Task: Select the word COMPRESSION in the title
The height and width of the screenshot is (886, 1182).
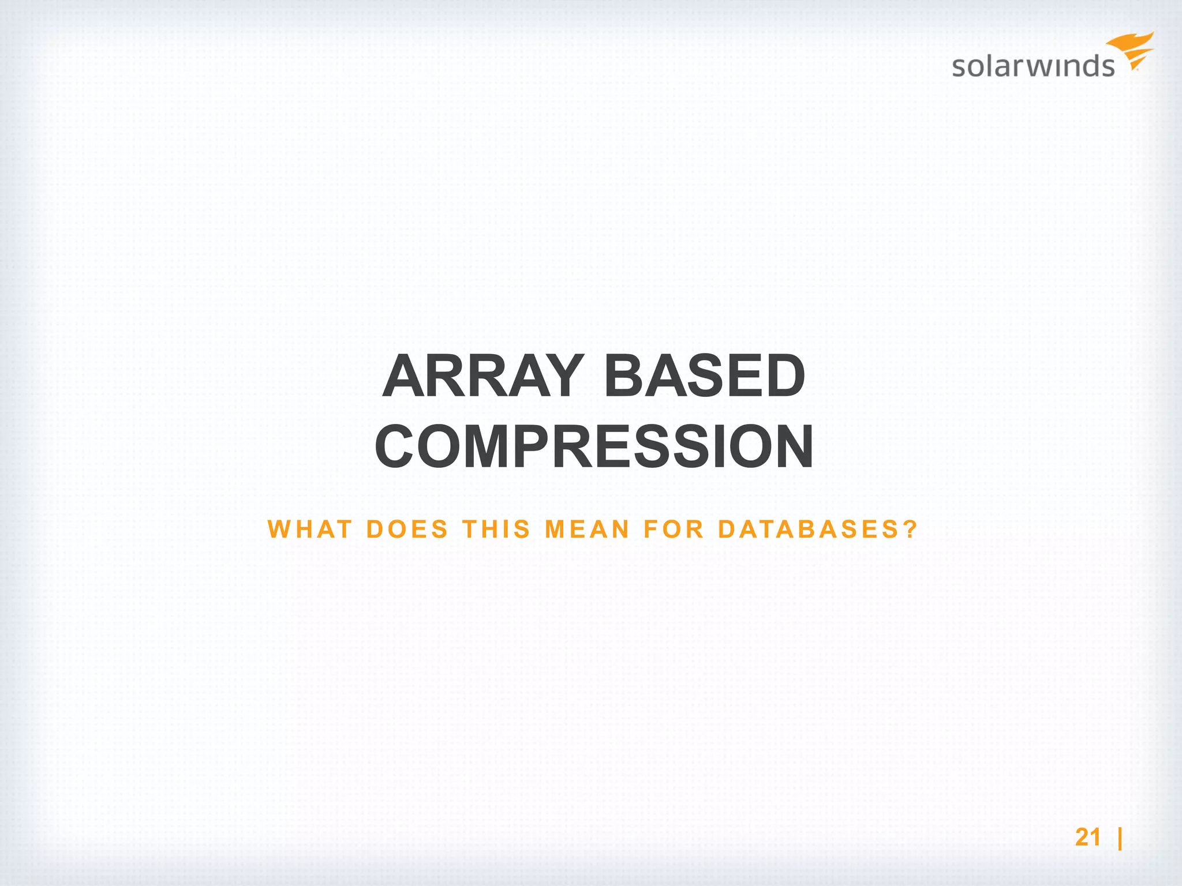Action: pyautogui.click(x=594, y=448)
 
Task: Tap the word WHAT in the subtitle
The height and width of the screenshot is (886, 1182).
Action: pyautogui.click(x=310, y=530)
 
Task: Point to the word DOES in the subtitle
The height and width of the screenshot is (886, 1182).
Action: pyautogui.click(x=407, y=530)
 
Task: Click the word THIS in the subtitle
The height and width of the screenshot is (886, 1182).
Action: pyautogui.click(x=496, y=530)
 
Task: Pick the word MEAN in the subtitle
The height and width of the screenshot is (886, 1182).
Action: pyautogui.click(x=587, y=530)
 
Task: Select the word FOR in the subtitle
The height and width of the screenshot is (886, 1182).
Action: pyautogui.click(x=674, y=530)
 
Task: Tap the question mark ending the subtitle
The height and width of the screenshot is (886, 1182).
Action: pyautogui.click(x=911, y=530)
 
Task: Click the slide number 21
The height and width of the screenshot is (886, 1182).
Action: pyautogui.click(x=1088, y=837)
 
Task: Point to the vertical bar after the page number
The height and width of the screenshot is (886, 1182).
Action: pyautogui.click(x=1120, y=838)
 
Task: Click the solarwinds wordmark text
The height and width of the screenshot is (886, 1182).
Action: pyautogui.click(x=1033, y=66)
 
